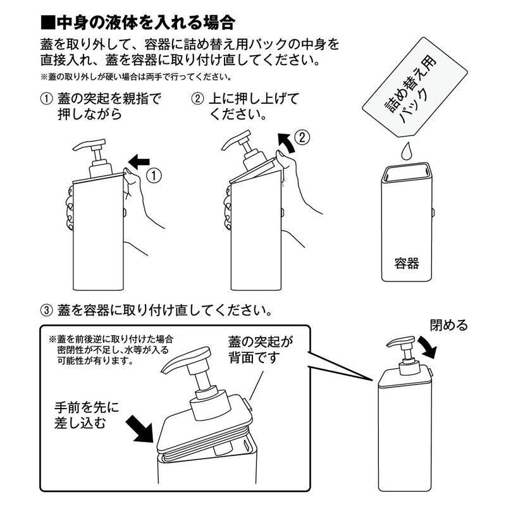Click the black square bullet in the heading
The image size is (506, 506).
pyautogui.click(x=48, y=23)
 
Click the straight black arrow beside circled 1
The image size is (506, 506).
pyautogui.click(x=139, y=162)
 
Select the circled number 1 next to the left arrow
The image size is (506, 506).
pyautogui.click(x=154, y=176)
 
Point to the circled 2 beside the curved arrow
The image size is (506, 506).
pyautogui.click(x=302, y=137)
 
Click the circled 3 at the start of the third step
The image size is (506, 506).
pyautogui.click(x=46, y=311)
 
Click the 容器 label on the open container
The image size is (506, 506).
pyautogui.click(x=407, y=263)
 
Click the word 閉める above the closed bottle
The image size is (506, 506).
pyautogui.click(x=449, y=325)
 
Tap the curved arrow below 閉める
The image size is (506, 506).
pyautogui.click(x=428, y=347)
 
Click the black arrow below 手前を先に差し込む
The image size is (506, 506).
pyautogui.click(x=139, y=429)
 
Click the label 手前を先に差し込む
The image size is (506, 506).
pyautogui.click(x=87, y=415)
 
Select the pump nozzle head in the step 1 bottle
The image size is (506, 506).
pyautogui.click(x=89, y=145)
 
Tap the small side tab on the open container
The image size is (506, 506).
pyautogui.click(x=433, y=212)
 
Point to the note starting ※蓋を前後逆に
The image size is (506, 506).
pyautogui.click(x=111, y=350)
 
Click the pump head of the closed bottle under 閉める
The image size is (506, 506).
pyautogui.click(x=401, y=342)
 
